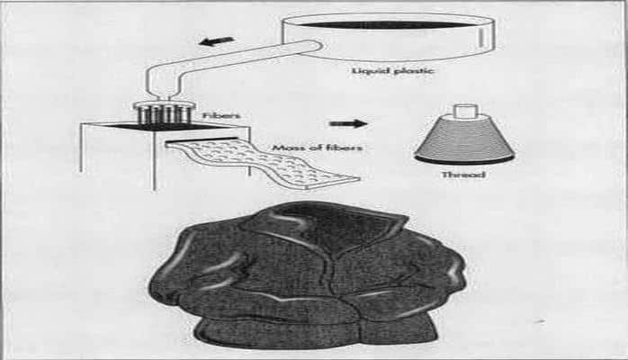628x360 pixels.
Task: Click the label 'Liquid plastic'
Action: pyautogui.click(x=392, y=71)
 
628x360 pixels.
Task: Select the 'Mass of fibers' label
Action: pyautogui.click(x=317, y=148)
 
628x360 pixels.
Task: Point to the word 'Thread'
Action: pyautogui.click(x=463, y=175)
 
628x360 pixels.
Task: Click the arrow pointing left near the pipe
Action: pyautogui.click(x=217, y=41)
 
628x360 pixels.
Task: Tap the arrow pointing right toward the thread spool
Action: pyautogui.click(x=347, y=123)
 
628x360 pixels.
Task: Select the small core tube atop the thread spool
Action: pyautogui.click(x=465, y=111)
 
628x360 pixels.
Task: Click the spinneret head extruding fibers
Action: pyautogui.click(x=165, y=112)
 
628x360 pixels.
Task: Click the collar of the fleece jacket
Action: pyautogui.click(x=328, y=224)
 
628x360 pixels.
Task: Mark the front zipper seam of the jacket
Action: pyautogui.click(x=340, y=288)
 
